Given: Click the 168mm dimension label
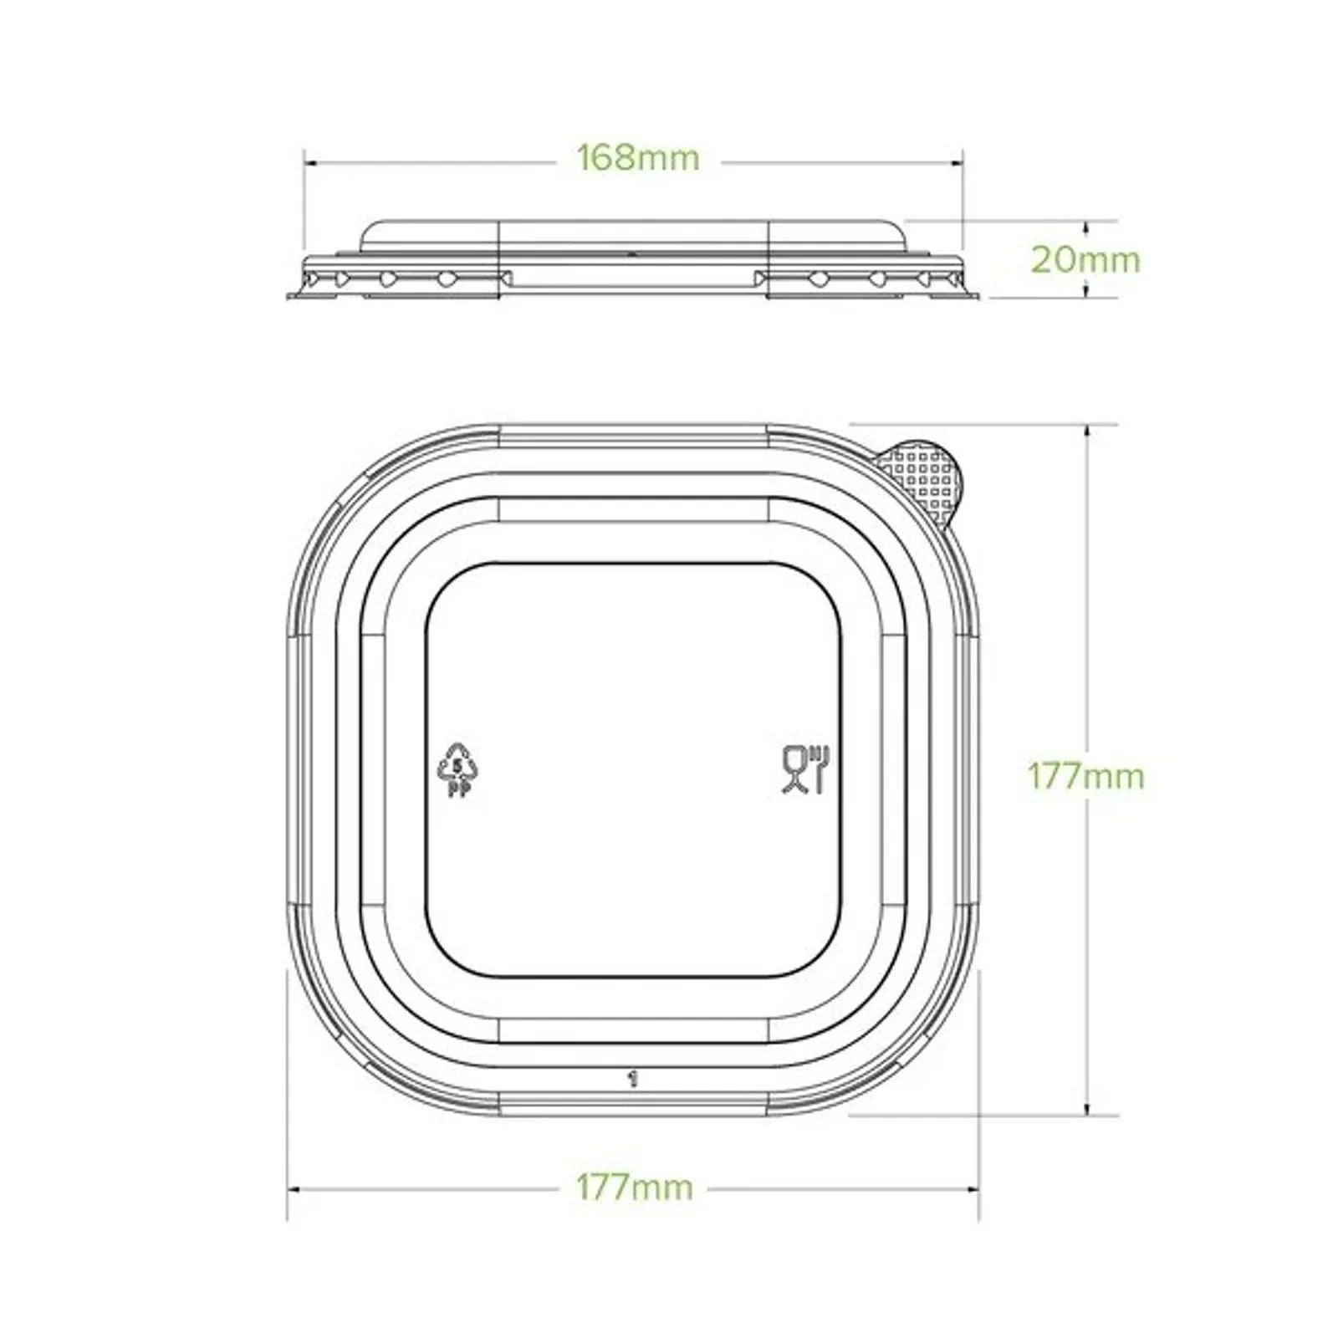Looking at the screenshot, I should (x=638, y=158).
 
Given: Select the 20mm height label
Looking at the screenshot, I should (x=1085, y=260).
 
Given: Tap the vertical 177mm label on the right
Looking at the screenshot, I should (x=1085, y=777).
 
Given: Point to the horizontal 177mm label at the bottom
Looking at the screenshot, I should (x=634, y=1187).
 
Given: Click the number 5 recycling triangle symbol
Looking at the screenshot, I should (x=457, y=763).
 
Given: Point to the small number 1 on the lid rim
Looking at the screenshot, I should (x=633, y=1079).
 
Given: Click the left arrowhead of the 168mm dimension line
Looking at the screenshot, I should (x=308, y=163).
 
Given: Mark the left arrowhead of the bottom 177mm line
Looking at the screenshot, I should (x=292, y=1188).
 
